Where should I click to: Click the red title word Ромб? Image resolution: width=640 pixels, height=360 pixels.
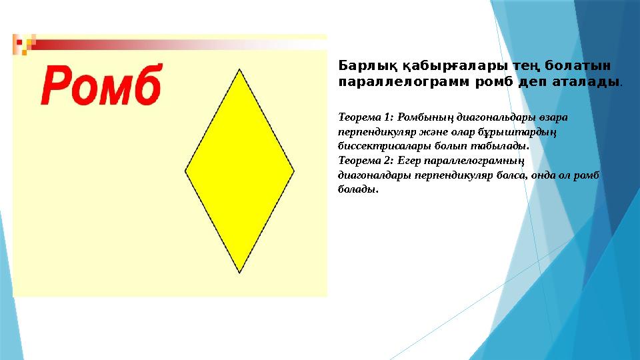click(x=102, y=84)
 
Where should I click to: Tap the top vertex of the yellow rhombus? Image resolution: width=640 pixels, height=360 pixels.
click(x=239, y=69)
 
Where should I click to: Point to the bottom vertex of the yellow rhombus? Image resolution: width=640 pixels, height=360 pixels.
click(x=239, y=273)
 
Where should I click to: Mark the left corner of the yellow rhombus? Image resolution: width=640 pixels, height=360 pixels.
click(x=185, y=171)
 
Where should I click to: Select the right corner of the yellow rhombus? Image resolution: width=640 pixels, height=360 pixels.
click(x=294, y=171)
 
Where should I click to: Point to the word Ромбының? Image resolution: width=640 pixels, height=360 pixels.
click(x=425, y=117)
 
